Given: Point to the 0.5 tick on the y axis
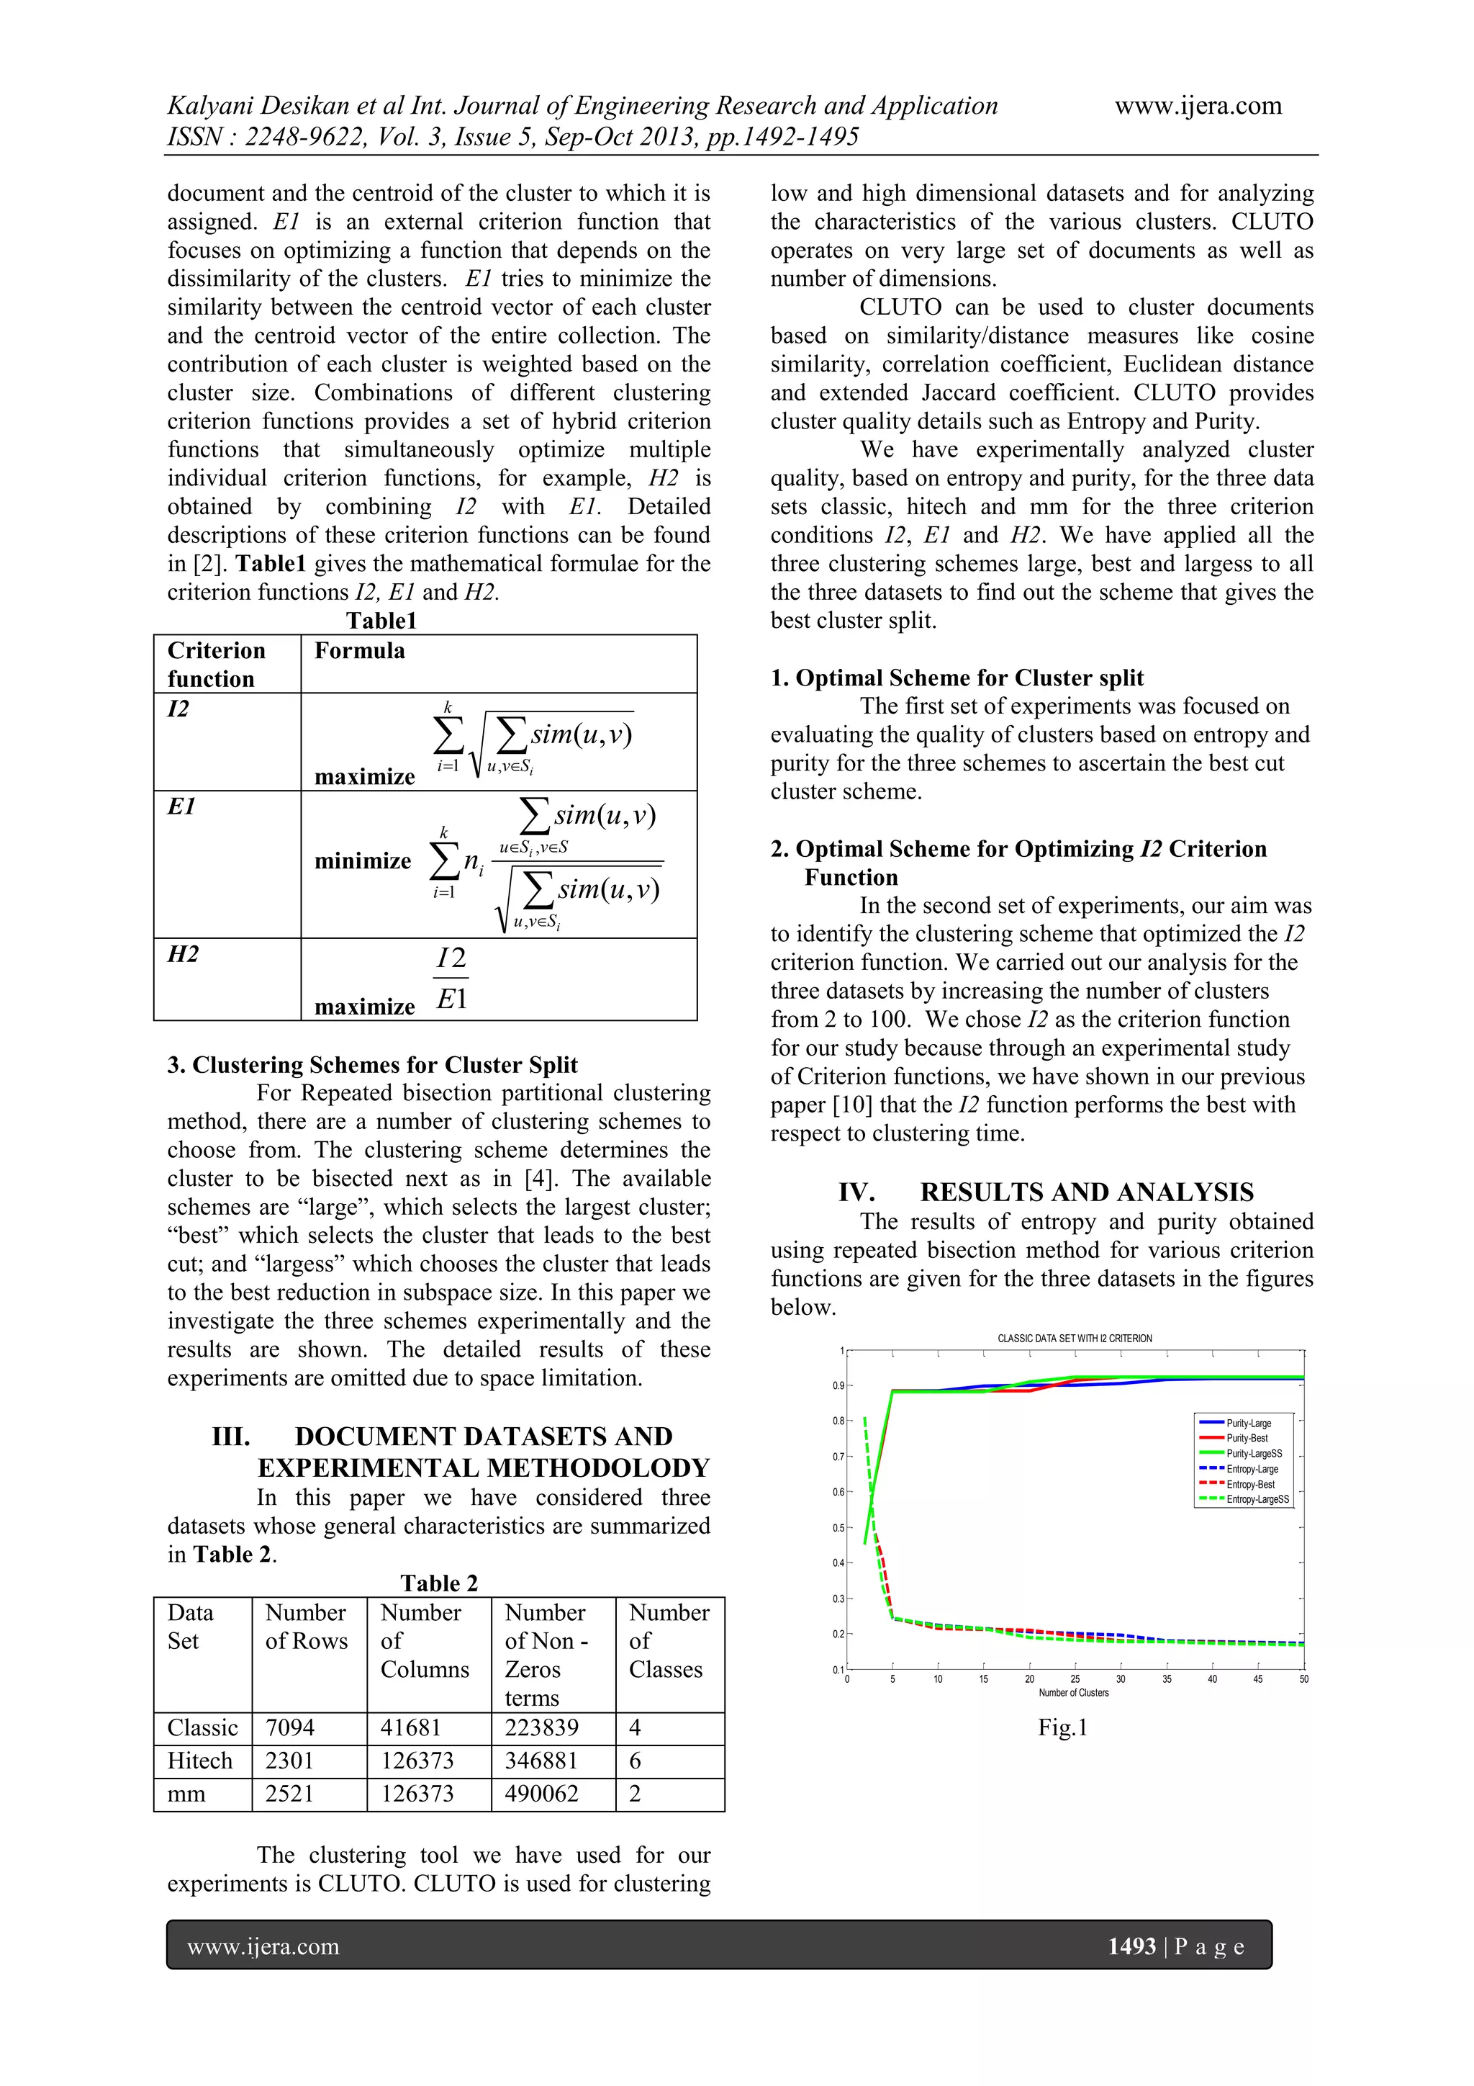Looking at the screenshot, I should [x=837, y=1528].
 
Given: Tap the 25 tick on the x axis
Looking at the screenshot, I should [x=1075, y=1679].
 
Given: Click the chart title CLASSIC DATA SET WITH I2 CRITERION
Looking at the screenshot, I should [x=1075, y=1339].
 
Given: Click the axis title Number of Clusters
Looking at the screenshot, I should [x=1074, y=1693].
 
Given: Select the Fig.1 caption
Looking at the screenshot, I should [x=1062, y=1727].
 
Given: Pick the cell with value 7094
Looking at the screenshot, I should [x=290, y=1727].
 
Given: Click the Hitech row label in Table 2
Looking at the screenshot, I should [x=200, y=1761].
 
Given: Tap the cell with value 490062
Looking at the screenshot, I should [x=541, y=1794].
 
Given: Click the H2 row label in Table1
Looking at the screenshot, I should [x=183, y=954].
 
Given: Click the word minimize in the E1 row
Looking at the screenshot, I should [x=362, y=860].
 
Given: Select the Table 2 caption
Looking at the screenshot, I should [x=438, y=1583].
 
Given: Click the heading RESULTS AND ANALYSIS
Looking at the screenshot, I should [x=1086, y=1192].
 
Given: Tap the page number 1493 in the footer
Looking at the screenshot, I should [x=1131, y=1946].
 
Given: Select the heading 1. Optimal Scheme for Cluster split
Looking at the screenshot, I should [x=957, y=678].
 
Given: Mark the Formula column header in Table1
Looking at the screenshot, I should [x=360, y=650].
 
